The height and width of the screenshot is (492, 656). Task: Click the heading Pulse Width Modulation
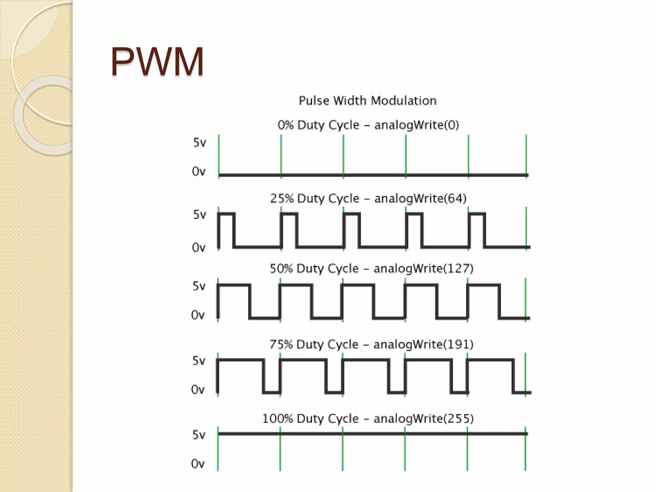tap(367, 101)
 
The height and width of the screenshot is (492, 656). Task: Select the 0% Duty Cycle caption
tap(368, 125)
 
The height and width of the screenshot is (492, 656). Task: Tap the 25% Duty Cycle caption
tap(368, 199)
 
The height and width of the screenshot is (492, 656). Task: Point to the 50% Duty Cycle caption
tap(371, 268)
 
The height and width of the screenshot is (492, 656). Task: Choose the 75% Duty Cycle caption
tap(371, 344)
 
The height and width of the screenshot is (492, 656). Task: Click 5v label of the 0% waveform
tap(200, 143)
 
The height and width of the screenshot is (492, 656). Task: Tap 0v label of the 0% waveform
tap(199, 172)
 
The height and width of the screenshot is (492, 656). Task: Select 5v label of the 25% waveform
tap(200, 215)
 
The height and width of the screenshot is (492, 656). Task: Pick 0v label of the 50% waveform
tap(198, 315)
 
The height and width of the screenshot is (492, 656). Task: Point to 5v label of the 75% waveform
tap(199, 361)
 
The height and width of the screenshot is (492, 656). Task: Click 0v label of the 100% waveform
tap(198, 464)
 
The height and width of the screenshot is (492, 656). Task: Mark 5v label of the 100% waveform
tap(199, 435)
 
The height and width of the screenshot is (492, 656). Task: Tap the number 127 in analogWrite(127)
tap(458, 268)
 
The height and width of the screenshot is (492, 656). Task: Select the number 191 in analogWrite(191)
tap(458, 344)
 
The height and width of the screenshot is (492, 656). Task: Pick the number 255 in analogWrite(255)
tap(458, 419)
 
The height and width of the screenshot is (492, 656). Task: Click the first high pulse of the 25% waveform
tap(226, 214)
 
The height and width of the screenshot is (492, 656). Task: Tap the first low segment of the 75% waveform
tap(272, 392)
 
